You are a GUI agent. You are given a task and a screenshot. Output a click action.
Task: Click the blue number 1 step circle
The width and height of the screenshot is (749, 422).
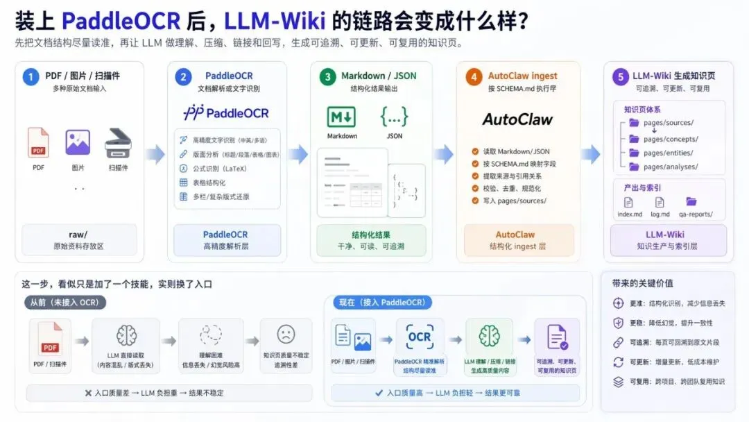tap(31, 76)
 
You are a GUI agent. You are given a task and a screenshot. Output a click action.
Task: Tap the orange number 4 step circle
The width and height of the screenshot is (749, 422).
tap(474, 77)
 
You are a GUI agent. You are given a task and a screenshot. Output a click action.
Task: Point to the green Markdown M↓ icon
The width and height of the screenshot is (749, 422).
tap(341, 116)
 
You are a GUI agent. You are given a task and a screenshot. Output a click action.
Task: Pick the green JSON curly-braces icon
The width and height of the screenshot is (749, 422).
tap(394, 116)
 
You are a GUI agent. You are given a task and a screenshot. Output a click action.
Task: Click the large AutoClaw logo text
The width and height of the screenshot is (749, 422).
tap(517, 119)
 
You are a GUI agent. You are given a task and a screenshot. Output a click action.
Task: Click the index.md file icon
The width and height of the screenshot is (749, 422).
tap(628, 202)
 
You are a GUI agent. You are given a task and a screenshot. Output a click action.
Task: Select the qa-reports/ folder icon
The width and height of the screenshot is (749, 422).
tap(691, 202)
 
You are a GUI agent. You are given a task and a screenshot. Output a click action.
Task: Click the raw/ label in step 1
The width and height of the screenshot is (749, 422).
tap(78, 235)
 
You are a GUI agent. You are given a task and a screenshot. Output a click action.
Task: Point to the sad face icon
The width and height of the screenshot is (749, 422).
tap(286, 334)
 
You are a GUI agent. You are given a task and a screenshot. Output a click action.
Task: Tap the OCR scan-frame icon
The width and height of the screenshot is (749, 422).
tap(420, 337)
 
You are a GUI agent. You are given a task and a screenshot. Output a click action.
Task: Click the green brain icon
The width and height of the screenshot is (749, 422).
tap(489, 337)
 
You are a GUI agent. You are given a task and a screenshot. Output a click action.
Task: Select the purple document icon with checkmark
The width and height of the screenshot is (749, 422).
tap(557, 337)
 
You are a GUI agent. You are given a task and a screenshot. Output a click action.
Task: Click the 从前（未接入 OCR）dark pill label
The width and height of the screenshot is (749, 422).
tap(64, 303)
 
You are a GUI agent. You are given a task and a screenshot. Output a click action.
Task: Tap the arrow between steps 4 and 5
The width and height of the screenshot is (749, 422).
tap(591, 155)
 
